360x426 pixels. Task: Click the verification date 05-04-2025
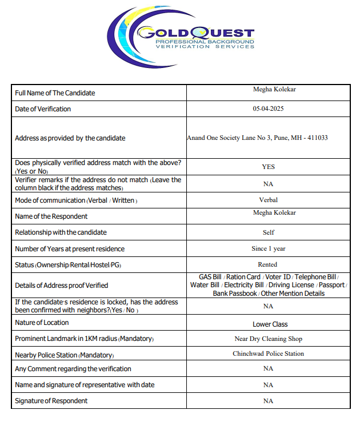click(268, 108)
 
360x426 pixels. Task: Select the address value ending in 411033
click(257, 138)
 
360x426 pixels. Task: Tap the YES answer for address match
click(268, 167)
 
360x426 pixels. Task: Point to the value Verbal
click(268, 200)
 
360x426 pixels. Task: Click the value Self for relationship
click(268, 232)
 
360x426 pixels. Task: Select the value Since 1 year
click(268, 248)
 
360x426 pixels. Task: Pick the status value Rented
click(268, 264)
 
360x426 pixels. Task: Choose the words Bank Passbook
click(235, 294)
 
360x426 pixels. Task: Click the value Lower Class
click(270, 324)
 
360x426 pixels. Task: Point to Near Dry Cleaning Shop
click(268, 339)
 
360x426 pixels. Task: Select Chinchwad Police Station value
click(268, 353)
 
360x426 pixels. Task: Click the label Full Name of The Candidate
click(55, 93)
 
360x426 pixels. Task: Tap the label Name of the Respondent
click(51, 216)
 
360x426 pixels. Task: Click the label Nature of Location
click(41, 323)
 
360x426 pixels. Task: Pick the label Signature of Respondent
click(51, 401)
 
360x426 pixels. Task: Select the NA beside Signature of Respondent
click(268, 401)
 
